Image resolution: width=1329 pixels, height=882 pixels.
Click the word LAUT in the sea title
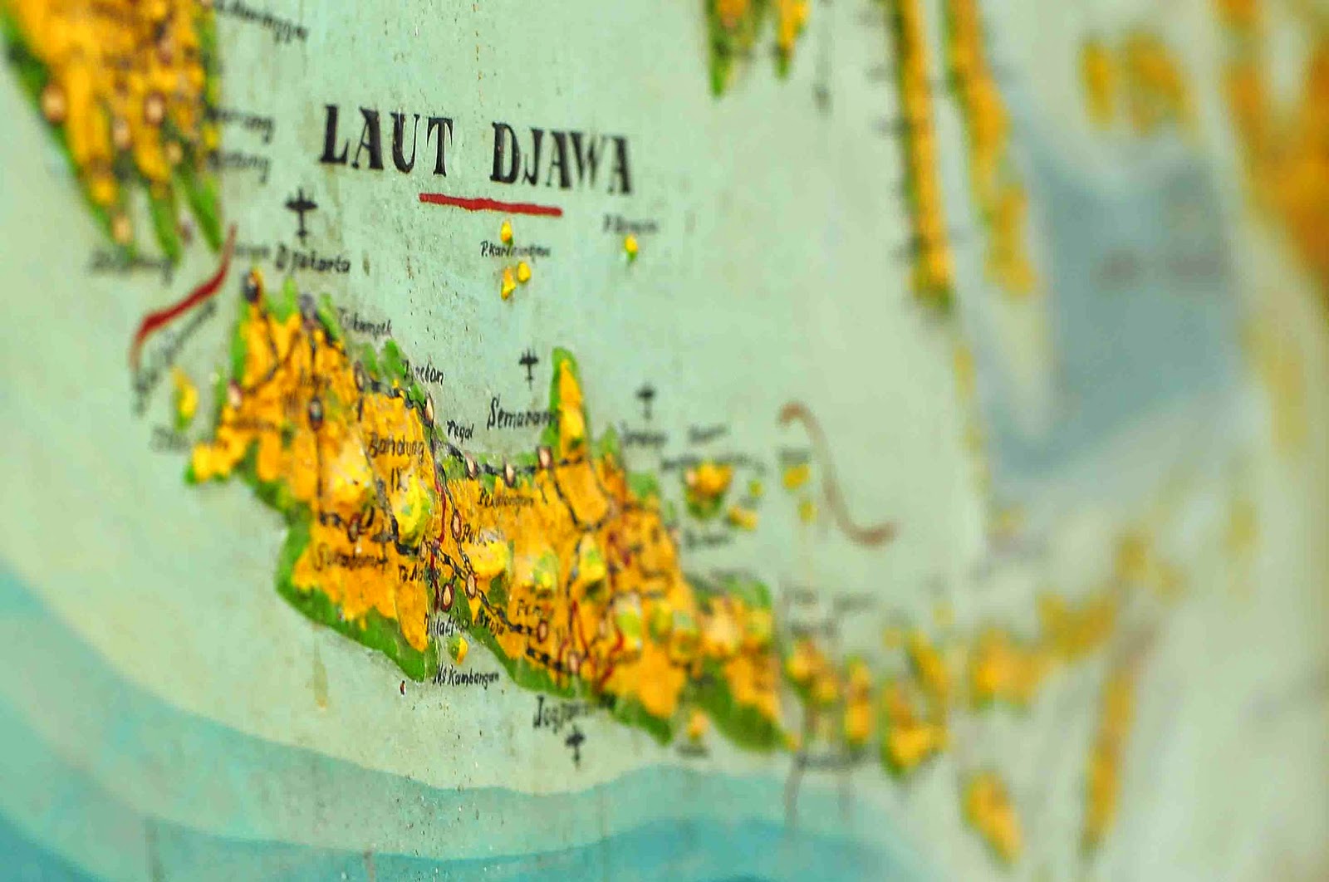point(385,144)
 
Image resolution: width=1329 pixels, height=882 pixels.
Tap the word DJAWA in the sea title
point(560,159)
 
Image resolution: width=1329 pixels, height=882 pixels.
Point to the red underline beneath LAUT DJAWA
point(490,203)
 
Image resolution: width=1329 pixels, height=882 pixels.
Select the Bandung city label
point(398,449)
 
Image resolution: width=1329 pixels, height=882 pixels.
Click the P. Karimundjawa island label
point(516,248)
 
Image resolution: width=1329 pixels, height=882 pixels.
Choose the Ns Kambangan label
point(465,675)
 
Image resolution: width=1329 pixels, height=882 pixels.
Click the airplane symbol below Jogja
point(574,742)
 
